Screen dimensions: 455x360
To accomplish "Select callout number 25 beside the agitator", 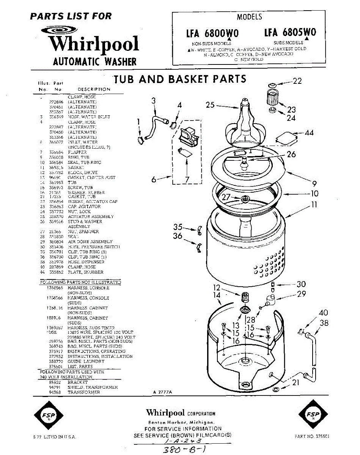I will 211,105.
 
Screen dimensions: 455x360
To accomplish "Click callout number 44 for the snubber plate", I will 309,133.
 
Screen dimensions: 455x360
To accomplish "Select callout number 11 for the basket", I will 314,205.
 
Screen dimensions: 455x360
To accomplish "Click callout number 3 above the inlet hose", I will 153,100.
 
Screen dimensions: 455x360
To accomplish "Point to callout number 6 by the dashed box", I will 154,180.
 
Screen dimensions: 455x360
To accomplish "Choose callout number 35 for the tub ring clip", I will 178,227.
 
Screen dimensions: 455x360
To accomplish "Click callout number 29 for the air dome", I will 302,294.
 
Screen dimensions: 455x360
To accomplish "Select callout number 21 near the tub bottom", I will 296,383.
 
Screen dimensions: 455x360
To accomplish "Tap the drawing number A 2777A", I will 163,392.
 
